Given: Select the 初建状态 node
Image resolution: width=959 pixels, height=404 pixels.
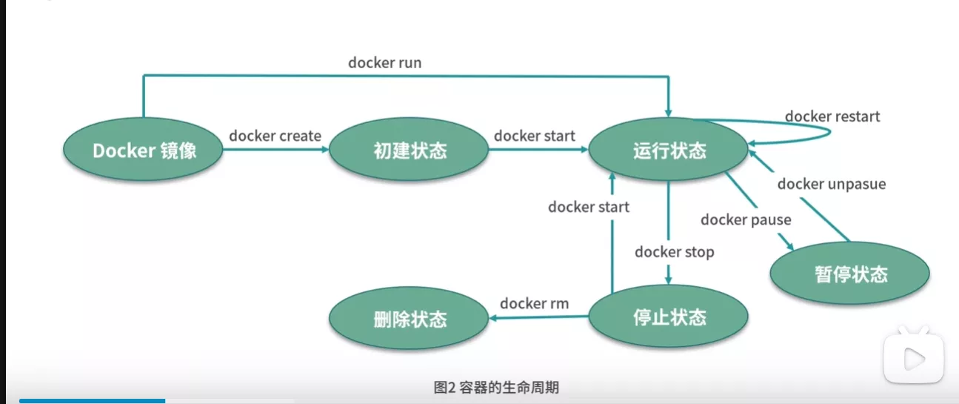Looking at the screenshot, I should (x=410, y=150).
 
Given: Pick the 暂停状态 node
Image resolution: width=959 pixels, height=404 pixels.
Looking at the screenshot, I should (x=850, y=274).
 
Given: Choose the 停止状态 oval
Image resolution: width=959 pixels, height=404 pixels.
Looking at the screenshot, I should (x=669, y=318).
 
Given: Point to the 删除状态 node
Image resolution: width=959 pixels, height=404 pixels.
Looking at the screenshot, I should (x=410, y=319).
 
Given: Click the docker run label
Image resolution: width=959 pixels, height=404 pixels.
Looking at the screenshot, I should (x=384, y=63).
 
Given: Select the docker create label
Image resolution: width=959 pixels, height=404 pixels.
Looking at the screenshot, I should (x=275, y=136).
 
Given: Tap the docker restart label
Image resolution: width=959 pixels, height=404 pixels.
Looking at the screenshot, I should (x=832, y=116).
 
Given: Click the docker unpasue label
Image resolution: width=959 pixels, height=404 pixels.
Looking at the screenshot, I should (x=831, y=184).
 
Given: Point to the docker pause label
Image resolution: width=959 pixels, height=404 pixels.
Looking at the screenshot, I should (x=746, y=219).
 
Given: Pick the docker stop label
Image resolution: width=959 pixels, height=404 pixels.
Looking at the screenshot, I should (x=674, y=252).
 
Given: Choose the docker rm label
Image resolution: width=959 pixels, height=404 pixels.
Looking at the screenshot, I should (x=534, y=303).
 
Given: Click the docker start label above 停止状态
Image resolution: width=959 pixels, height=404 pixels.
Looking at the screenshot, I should (x=588, y=207).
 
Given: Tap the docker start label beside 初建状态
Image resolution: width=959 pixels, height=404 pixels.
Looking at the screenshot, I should (x=535, y=136).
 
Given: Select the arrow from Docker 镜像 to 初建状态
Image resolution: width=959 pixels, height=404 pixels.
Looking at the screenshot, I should (x=275, y=149).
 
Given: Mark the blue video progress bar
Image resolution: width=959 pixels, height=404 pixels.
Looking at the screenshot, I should (x=92, y=401).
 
